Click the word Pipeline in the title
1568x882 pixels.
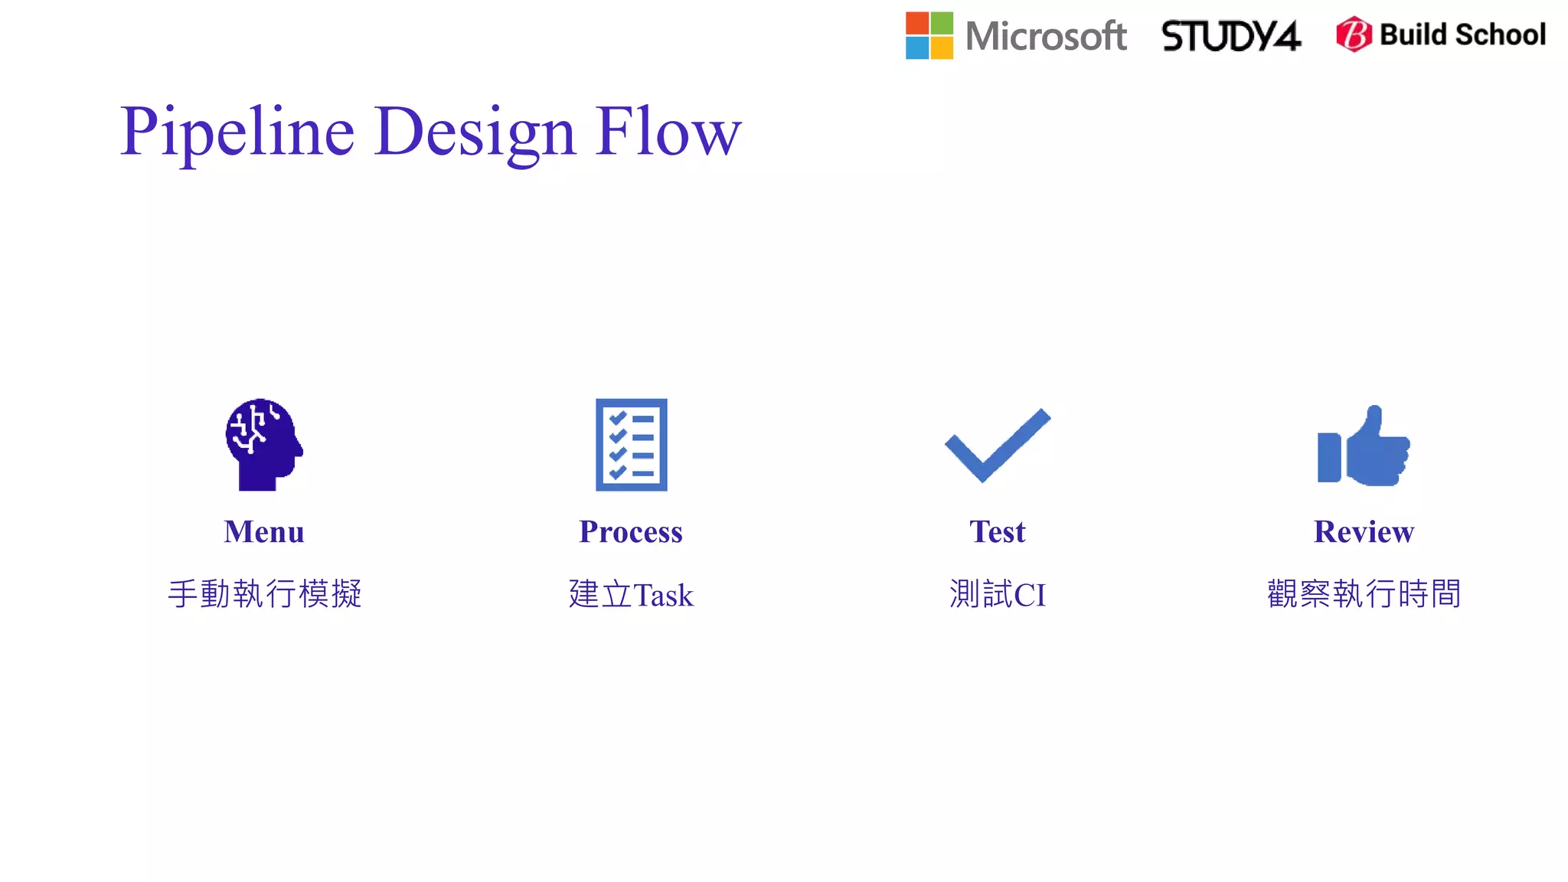[237, 132]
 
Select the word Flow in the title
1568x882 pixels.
[668, 132]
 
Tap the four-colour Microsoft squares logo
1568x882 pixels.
[929, 35]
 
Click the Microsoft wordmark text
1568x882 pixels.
[1046, 36]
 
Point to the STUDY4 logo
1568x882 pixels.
[1230, 36]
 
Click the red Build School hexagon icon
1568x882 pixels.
[1354, 34]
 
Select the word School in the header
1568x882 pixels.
[1500, 34]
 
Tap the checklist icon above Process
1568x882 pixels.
[631, 444]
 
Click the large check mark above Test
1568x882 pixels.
[998, 444]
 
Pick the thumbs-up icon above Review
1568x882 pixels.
[1364, 446]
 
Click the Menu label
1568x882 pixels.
[264, 531]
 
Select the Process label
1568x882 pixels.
[631, 531]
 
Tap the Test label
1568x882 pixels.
[997, 531]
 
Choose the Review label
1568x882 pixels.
[1364, 531]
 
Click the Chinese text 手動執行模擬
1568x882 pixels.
[264, 594]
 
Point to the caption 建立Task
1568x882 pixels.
[631, 594]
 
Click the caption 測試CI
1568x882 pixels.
[997, 594]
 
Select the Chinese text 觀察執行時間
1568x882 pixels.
[1364, 594]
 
